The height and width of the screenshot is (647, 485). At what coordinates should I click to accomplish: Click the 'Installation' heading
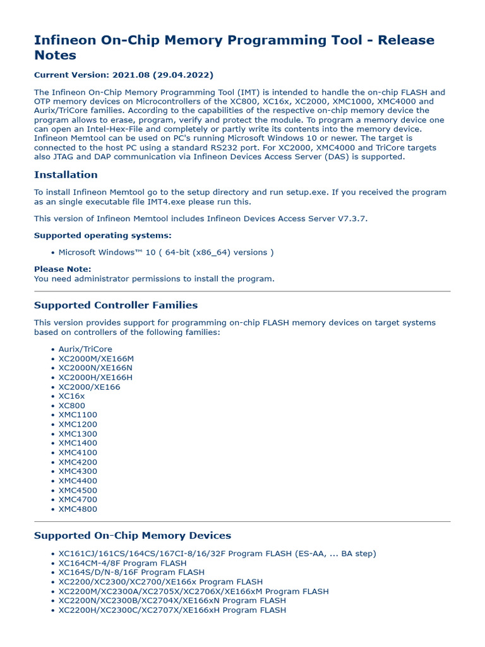pyautogui.click(x=66, y=175)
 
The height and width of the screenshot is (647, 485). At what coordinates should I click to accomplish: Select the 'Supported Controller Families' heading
pyautogui.click(x=116, y=305)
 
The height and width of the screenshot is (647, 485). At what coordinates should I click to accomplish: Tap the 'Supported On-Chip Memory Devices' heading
pyautogui.click(x=133, y=536)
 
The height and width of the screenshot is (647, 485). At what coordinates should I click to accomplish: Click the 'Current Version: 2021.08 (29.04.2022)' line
pyautogui.click(x=123, y=75)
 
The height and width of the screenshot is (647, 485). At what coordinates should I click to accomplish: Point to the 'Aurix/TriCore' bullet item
pyautogui.click(x=85, y=349)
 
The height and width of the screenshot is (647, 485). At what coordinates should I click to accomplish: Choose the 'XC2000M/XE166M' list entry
pyautogui.click(x=96, y=358)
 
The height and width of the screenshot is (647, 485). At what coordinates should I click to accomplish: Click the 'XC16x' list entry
pyautogui.click(x=71, y=396)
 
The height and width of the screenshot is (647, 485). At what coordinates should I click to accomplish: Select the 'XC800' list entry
pyautogui.click(x=71, y=406)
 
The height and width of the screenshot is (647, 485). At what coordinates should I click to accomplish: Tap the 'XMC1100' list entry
pyautogui.click(x=78, y=415)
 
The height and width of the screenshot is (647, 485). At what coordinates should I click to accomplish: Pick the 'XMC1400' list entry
pyautogui.click(x=78, y=443)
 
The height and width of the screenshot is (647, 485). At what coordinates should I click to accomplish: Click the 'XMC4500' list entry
pyautogui.click(x=78, y=490)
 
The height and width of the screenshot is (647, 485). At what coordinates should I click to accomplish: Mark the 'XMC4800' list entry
pyautogui.click(x=78, y=509)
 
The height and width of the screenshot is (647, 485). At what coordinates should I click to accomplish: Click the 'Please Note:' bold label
pyautogui.click(x=63, y=269)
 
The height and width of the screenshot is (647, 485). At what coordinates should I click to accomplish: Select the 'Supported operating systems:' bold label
pyautogui.click(x=102, y=236)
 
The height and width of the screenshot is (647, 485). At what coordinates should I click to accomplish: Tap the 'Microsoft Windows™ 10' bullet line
pyautogui.click(x=166, y=252)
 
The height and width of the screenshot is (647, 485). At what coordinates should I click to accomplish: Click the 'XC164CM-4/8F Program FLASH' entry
pyautogui.click(x=123, y=563)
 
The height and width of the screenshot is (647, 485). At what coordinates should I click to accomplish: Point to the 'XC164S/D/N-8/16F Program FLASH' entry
pyautogui.click(x=131, y=572)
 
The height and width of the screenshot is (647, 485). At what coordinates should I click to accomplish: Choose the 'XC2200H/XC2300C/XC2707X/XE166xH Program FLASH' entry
pyautogui.click(x=172, y=610)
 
